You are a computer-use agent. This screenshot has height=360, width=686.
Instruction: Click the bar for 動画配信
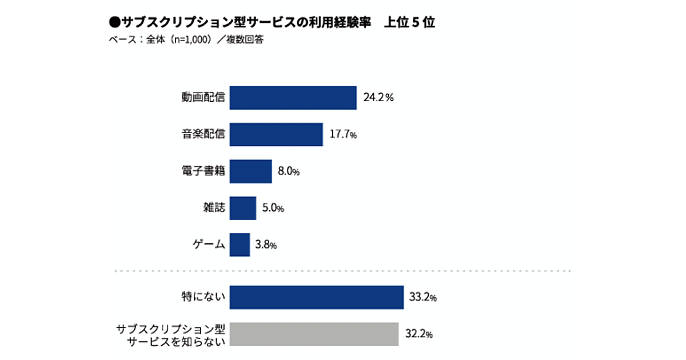coord(293,98)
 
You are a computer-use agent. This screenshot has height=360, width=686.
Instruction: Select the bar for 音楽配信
coord(276,135)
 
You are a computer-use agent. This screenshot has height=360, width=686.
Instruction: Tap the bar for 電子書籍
coord(250,171)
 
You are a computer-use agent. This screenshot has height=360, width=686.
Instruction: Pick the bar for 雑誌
coord(242,208)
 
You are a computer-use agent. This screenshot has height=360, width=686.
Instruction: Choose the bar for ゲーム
coord(240,245)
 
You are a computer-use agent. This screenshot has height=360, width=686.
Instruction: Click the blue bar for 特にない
coord(316,297)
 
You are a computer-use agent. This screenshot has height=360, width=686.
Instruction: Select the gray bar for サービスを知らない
coord(313,334)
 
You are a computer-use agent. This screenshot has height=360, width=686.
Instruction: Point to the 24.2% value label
coord(378,98)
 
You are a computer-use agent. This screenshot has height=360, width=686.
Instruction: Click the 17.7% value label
coord(343,135)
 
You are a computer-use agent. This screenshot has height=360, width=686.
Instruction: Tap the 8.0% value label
coord(289,171)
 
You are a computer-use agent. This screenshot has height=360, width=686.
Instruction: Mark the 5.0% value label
coord(273,208)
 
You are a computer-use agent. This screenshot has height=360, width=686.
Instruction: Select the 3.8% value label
coord(266,245)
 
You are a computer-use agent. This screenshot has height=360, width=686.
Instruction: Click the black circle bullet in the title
coord(113,23)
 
